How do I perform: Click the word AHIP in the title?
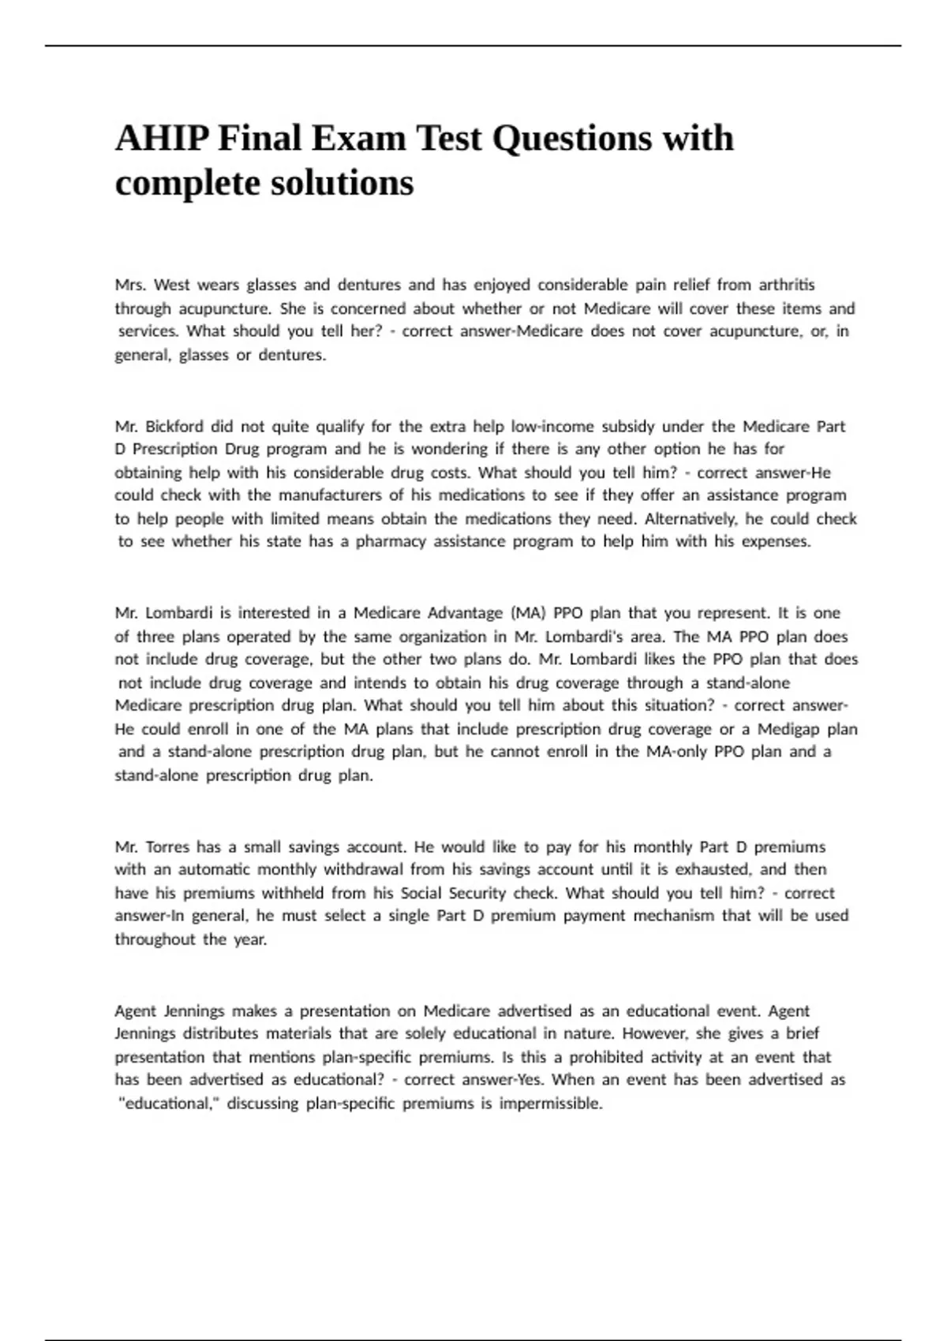[162, 139]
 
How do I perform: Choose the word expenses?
[776, 542]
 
